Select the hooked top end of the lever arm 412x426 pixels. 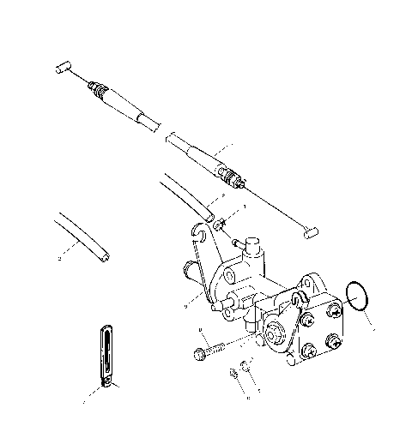[x=201, y=230]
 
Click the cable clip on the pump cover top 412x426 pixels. [x=297, y=297]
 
